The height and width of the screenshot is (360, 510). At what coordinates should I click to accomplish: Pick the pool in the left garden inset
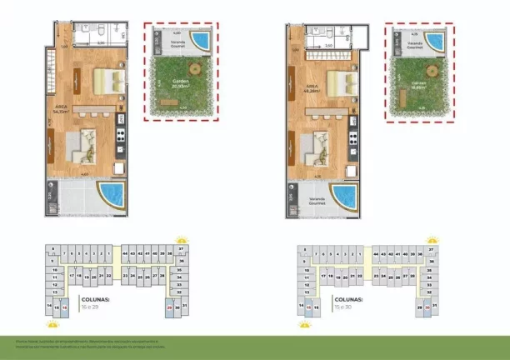[201, 39]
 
